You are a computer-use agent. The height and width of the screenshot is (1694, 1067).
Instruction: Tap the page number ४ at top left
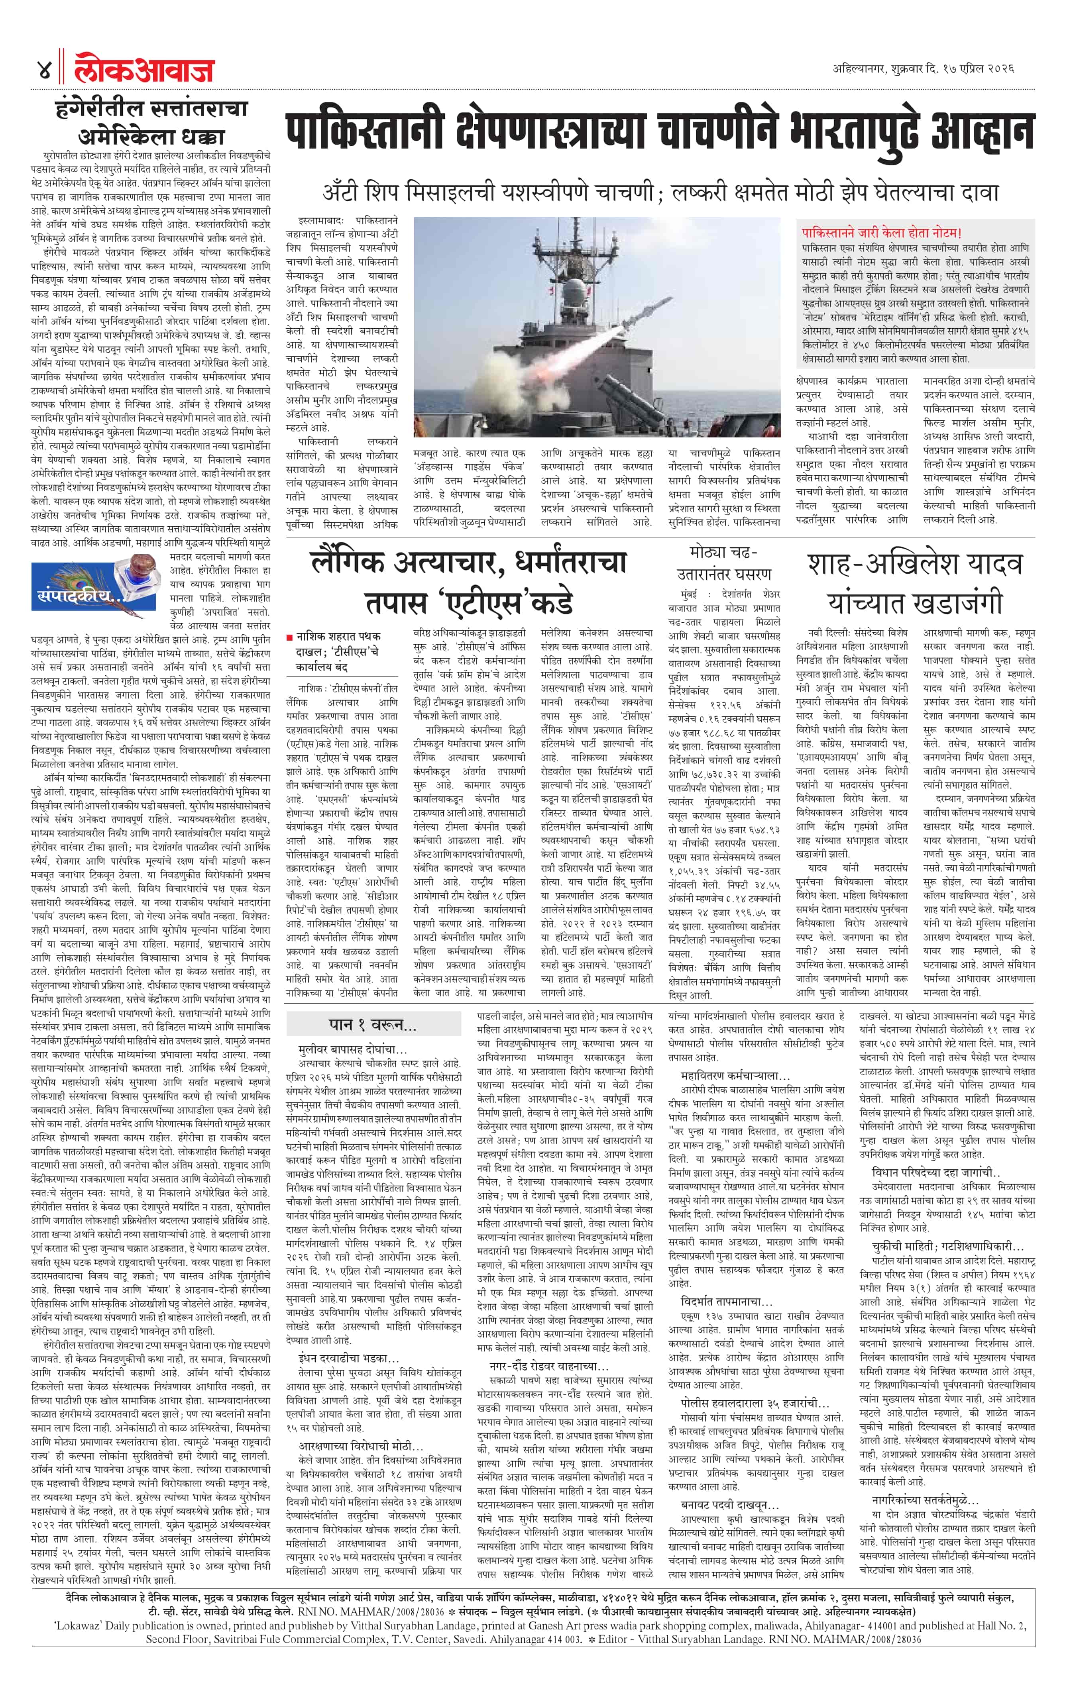43,71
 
